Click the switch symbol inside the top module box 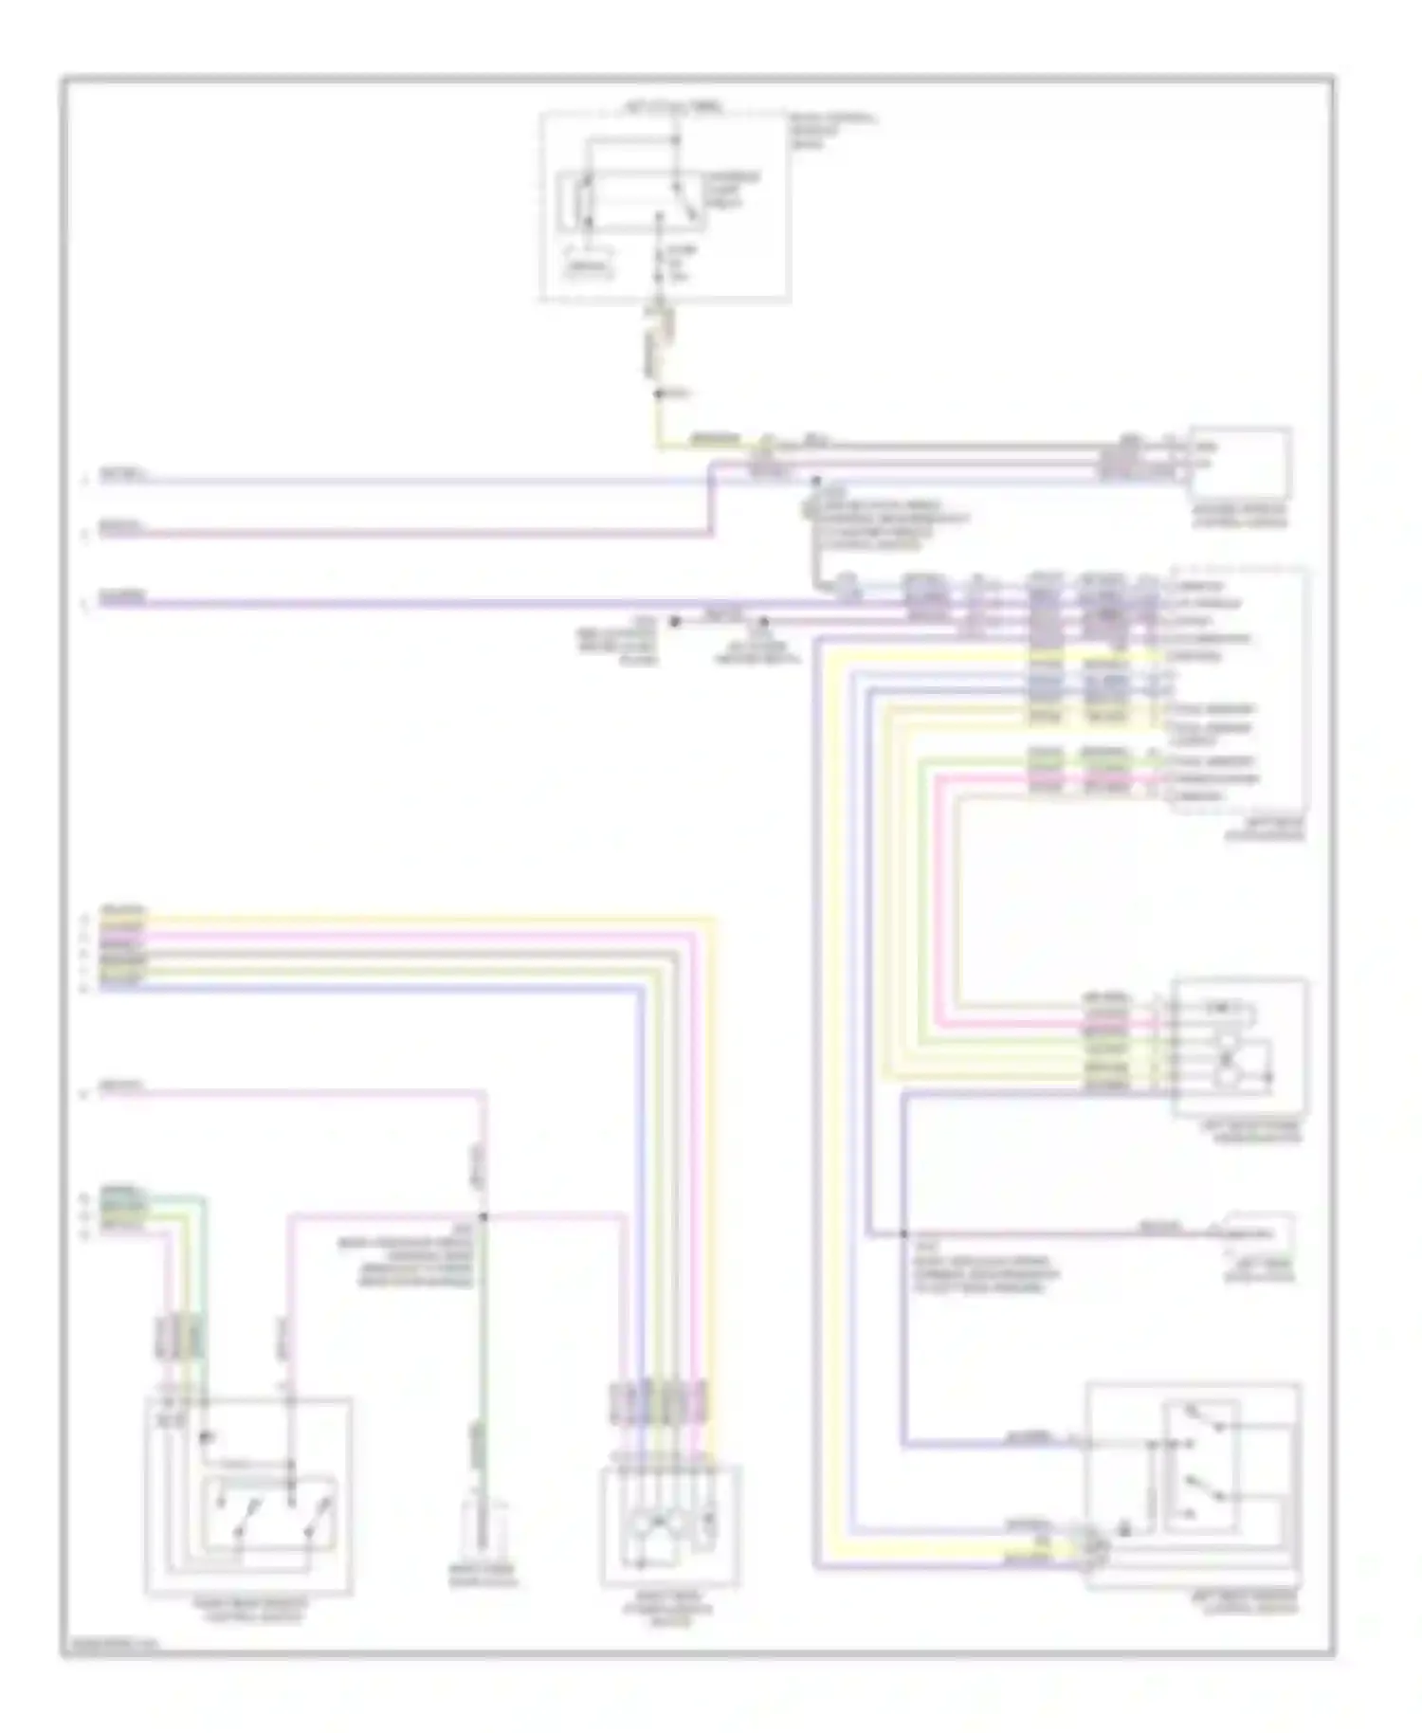tap(630, 201)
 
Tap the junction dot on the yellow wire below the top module tap(659, 392)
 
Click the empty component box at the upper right tap(1240, 462)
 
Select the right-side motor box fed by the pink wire tap(1239, 1046)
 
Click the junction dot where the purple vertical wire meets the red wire tap(902, 1234)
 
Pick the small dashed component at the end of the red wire tap(1259, 1232)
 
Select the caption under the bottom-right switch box tap(1244, 1602)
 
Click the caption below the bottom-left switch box tap(249, 1609)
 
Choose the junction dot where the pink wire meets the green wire tap(483, 1216)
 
